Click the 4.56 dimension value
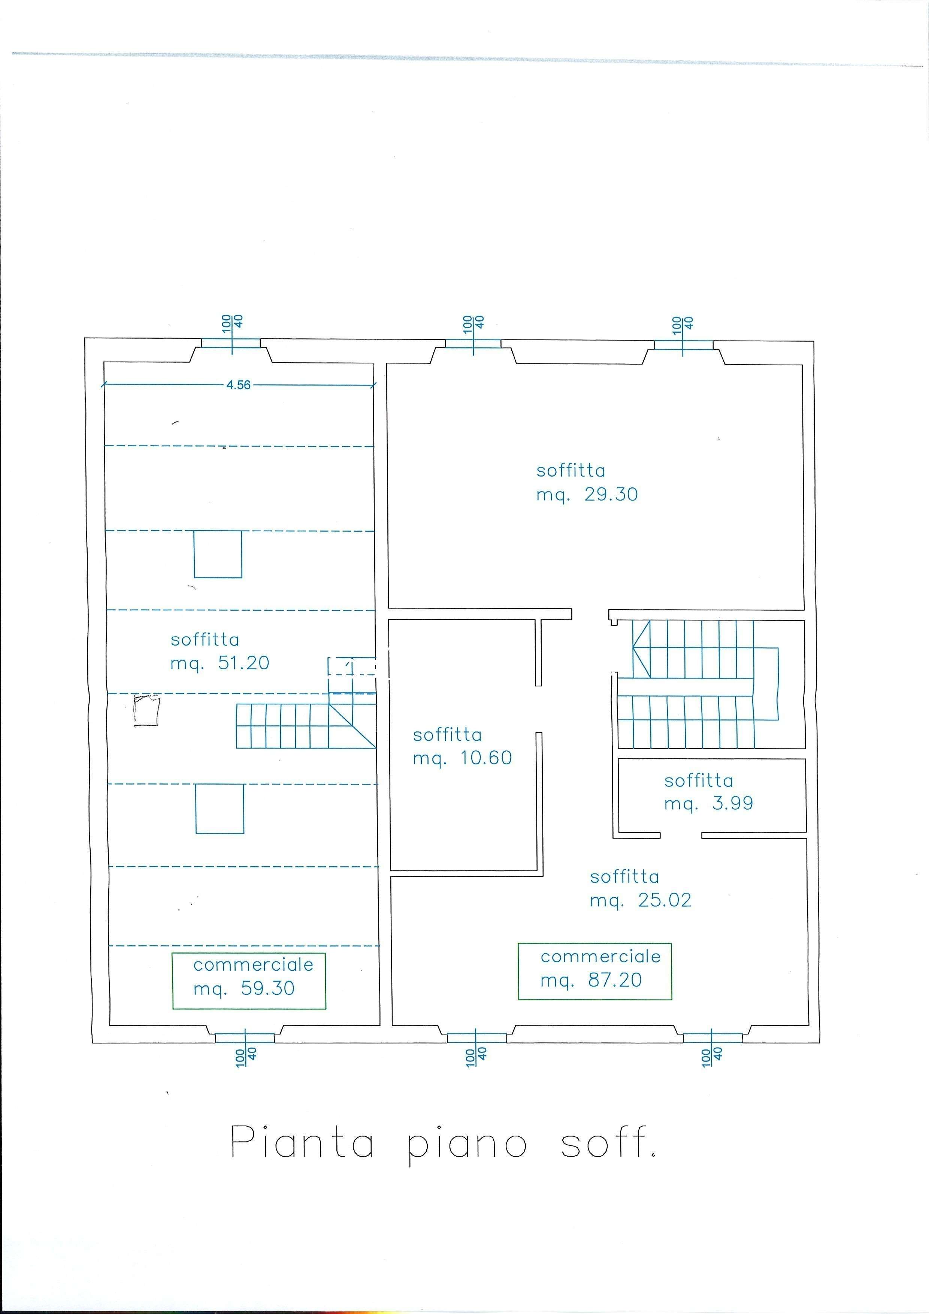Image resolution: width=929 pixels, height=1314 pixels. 238,385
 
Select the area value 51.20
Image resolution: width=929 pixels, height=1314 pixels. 244,663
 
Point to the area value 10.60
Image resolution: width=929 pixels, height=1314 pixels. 486,758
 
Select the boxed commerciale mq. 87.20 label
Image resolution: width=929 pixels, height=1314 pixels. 595,971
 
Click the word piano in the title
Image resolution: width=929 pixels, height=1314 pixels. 467,1146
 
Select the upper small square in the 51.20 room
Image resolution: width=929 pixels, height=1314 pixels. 218,555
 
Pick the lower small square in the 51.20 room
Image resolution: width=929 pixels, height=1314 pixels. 220,809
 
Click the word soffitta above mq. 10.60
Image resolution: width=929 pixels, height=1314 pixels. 447,735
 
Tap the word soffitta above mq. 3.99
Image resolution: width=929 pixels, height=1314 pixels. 699,780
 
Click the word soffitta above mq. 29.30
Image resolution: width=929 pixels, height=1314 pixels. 571,471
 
